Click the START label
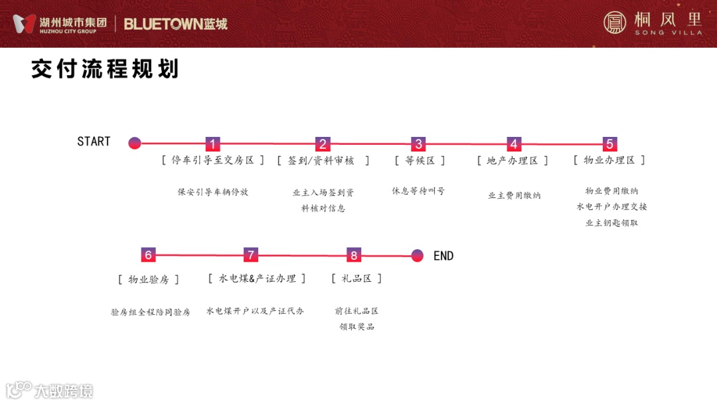click(94, 142)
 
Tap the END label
click(443, 256)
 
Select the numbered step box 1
click(212, 144)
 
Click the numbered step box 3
click(418, 144)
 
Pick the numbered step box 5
click(609, 144)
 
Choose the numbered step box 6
click(148, 255)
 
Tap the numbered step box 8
click(354, 255)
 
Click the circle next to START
click(135, 143)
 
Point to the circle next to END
click(417, 255)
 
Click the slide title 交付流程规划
click(105, 69)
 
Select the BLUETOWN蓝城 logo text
click(176, 25)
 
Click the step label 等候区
click(420, 161)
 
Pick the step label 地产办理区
click(513, 161)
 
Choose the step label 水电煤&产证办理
click(257, 278)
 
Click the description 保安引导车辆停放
click(212, 192)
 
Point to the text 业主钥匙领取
click(611, 223)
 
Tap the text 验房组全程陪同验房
click(151, 312)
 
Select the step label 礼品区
click(357, 278)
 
